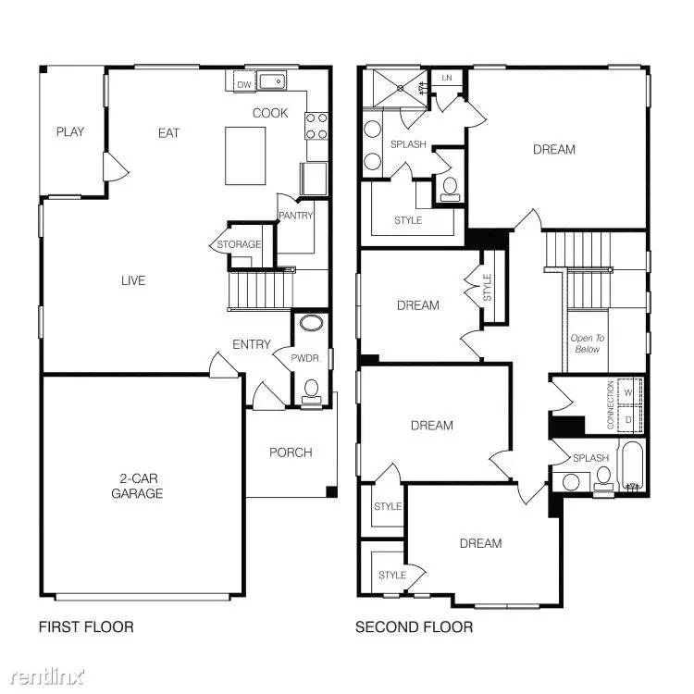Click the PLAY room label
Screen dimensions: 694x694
pyautogui.click(x=69, y=131)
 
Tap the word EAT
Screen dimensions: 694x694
pyautogui.click(x=168, y=133)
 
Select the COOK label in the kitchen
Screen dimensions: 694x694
pyautogui.click(x=270, y=113)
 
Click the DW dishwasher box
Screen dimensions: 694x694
pyautogui.click(x=244, y=85)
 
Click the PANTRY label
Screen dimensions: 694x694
pyautogui.click(x=296, y=216)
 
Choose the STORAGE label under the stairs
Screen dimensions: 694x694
pyautogui.click(x=239, y=244)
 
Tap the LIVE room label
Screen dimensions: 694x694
pyautogui.click(x=133, y=280)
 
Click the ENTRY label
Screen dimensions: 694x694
pyautogui.click(x=252, y=344)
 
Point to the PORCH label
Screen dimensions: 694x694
pyautogui.click(x=291, y=452)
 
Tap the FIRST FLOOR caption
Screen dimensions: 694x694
pyautogui.click(x=86, y=627)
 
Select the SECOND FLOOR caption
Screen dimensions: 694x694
pyautogui.click(x=415, y=627)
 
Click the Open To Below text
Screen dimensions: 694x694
pyautogui.click(x=586, y=343)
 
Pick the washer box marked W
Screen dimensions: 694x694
pyautogui.click(x=629, y=391)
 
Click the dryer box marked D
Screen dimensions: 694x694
pyautogui.click(x=629, y=419)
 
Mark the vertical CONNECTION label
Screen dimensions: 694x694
pyautogui.click(x=610, y=405)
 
